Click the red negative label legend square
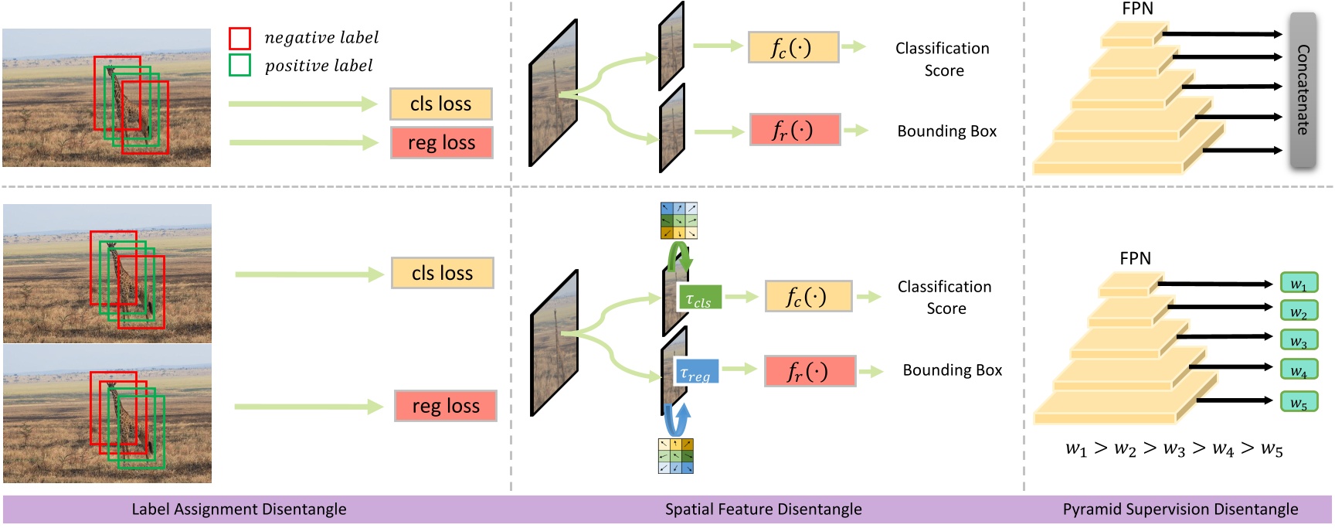tap(239, 38)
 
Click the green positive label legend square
tap(239, 65)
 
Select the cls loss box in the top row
tap(440, 104)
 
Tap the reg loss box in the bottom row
tap(446, 406)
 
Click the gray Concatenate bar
tap(1303, 90)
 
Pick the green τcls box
tap(699, 298)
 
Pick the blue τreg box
tap(696, 371)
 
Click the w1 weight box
tap(1299, 283)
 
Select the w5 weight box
tap(1299, 402)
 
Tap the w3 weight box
tap(1299, 341)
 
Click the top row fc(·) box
tap(793, 47)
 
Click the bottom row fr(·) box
tap(810, 371)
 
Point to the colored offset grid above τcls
tap(679, 220)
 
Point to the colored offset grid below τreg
tap(676, 456)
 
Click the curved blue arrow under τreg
tap(678, 421)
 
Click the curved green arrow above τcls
tap(680, 256)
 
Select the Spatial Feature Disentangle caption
tap(763, 509)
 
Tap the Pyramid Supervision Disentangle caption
tap(1180, 509)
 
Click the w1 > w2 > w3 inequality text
tap(1174, 449)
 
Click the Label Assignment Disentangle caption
tap(239, 509)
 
